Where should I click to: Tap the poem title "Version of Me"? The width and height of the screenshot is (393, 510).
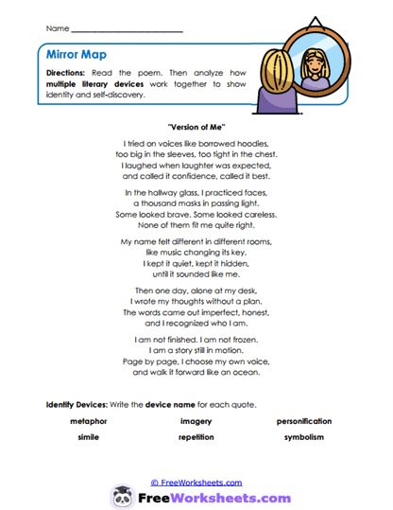pos(196,126)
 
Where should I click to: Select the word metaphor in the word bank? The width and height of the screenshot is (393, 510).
pos(89,421)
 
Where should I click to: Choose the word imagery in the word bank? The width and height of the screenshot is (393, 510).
pos(196,421)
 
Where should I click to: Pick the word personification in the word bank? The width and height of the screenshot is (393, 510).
pos(303,421)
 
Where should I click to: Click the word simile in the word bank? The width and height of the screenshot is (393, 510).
pos(89,437)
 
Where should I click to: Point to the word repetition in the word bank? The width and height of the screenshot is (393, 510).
pos(196,437)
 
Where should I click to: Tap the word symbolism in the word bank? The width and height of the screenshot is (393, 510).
pos(303,437)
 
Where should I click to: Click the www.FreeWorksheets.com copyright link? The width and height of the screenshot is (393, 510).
pos(196,483)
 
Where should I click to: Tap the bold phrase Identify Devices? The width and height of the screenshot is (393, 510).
pos(77,404)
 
